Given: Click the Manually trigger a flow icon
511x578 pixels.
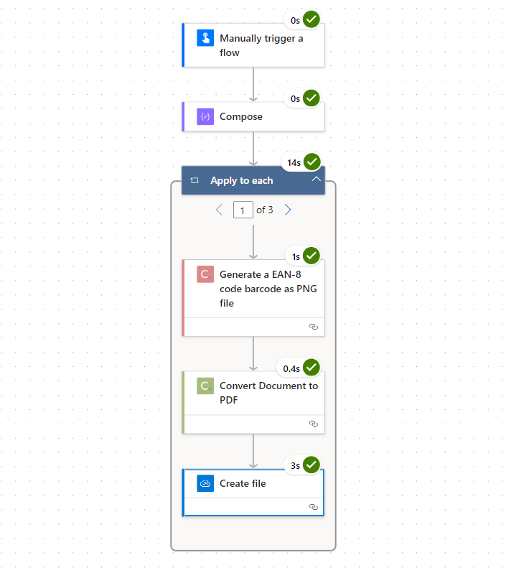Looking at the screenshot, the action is click(205, 38).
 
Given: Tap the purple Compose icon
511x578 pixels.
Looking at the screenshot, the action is click(205, 116).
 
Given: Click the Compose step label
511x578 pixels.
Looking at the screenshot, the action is click(241, 116).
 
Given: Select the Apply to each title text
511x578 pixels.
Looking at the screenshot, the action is click(242, 181).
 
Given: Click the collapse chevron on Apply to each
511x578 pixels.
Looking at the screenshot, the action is click(316, 180).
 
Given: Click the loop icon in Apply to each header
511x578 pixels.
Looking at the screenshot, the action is click(194, 180).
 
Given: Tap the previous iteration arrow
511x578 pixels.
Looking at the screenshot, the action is click(219, 210).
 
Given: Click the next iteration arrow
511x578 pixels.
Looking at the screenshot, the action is click(288, 210).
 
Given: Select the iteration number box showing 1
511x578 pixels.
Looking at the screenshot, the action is click(243, 210).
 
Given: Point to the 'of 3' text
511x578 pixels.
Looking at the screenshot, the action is click(265, 210).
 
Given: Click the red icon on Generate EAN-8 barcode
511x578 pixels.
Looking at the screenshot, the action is click(205, 274).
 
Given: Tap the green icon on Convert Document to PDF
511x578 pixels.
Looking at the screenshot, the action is click(205, 386).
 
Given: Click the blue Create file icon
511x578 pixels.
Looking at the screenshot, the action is click(205, 483).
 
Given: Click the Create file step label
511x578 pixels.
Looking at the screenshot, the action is click(243, 483).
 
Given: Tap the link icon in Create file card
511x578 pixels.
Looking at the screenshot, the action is click(314, 507).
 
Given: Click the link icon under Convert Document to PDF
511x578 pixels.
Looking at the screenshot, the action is click(314, 424).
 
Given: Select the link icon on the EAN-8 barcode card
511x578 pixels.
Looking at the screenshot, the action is click(314, 327).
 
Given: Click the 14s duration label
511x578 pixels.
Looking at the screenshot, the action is click(294, 163).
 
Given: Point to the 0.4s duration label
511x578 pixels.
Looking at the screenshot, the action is click(291, 368).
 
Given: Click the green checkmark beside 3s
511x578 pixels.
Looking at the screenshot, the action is click(311, 465).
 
